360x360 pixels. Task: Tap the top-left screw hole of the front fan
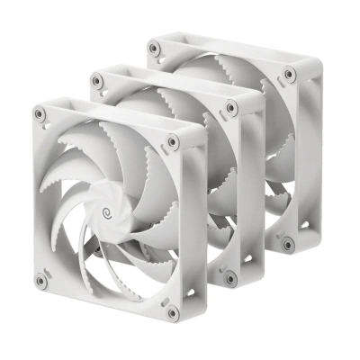tap(40, 114)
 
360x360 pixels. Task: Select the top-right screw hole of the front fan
tap(172, 141)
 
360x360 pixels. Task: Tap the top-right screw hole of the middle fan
tap(231, 107)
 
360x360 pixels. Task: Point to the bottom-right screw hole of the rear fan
tap(287, 243)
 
